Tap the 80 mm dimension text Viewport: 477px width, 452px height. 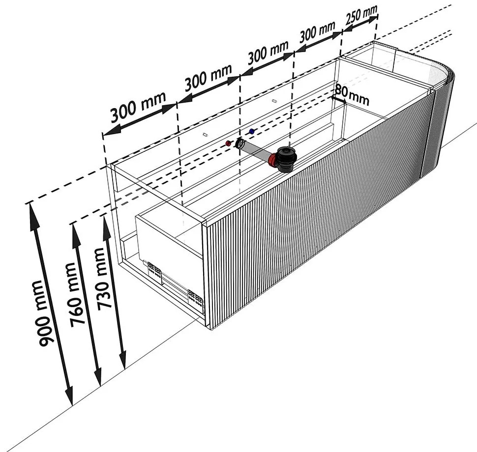352,95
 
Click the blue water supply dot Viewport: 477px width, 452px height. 252,131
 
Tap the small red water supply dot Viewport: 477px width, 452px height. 229,143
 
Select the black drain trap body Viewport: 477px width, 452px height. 286,159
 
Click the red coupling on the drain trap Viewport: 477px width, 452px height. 272,160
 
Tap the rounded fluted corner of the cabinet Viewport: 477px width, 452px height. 439,121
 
